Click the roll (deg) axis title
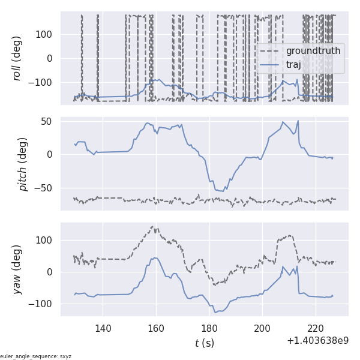point(18,58)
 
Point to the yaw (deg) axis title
point(18,269)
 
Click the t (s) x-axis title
point(205,343)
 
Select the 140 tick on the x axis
point(103,328)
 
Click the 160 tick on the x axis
point(156,328)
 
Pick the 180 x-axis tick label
point(209,328)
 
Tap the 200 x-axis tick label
point(263,328)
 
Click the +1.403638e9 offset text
point(317,340)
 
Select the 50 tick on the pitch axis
point(47,121)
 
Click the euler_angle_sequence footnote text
point(36,356)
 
